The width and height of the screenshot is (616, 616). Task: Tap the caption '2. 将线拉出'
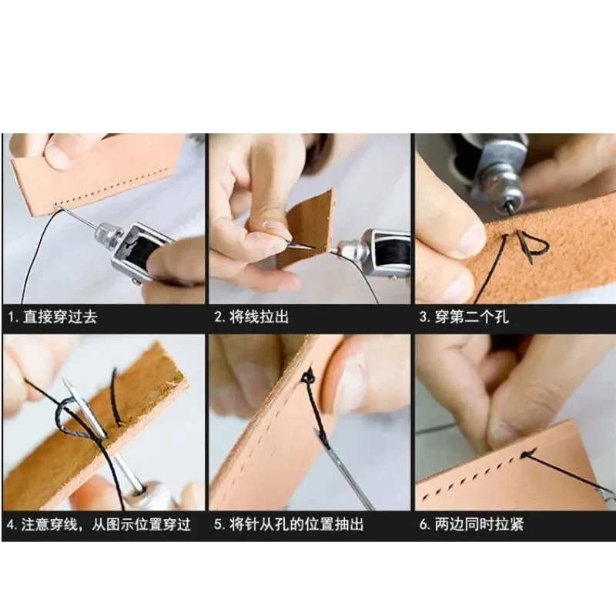251,316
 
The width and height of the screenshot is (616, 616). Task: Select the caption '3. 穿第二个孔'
464,316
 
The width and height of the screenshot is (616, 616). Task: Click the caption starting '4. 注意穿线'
99,525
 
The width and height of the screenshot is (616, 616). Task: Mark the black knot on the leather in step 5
308,377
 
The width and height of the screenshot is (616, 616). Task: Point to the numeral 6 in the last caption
423,525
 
